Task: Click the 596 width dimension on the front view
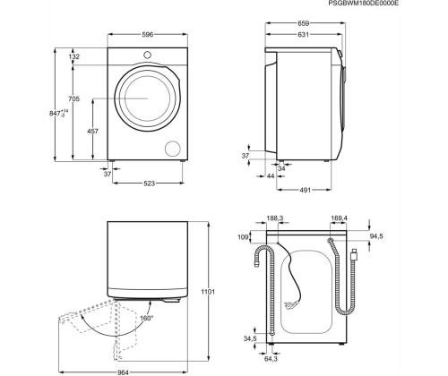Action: (146, 34)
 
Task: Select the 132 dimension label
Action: (73, 56)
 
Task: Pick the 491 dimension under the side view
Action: (304, 189)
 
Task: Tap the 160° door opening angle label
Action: (147, 317)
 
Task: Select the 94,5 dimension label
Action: (375, 236)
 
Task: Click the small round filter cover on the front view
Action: (171, 148)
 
